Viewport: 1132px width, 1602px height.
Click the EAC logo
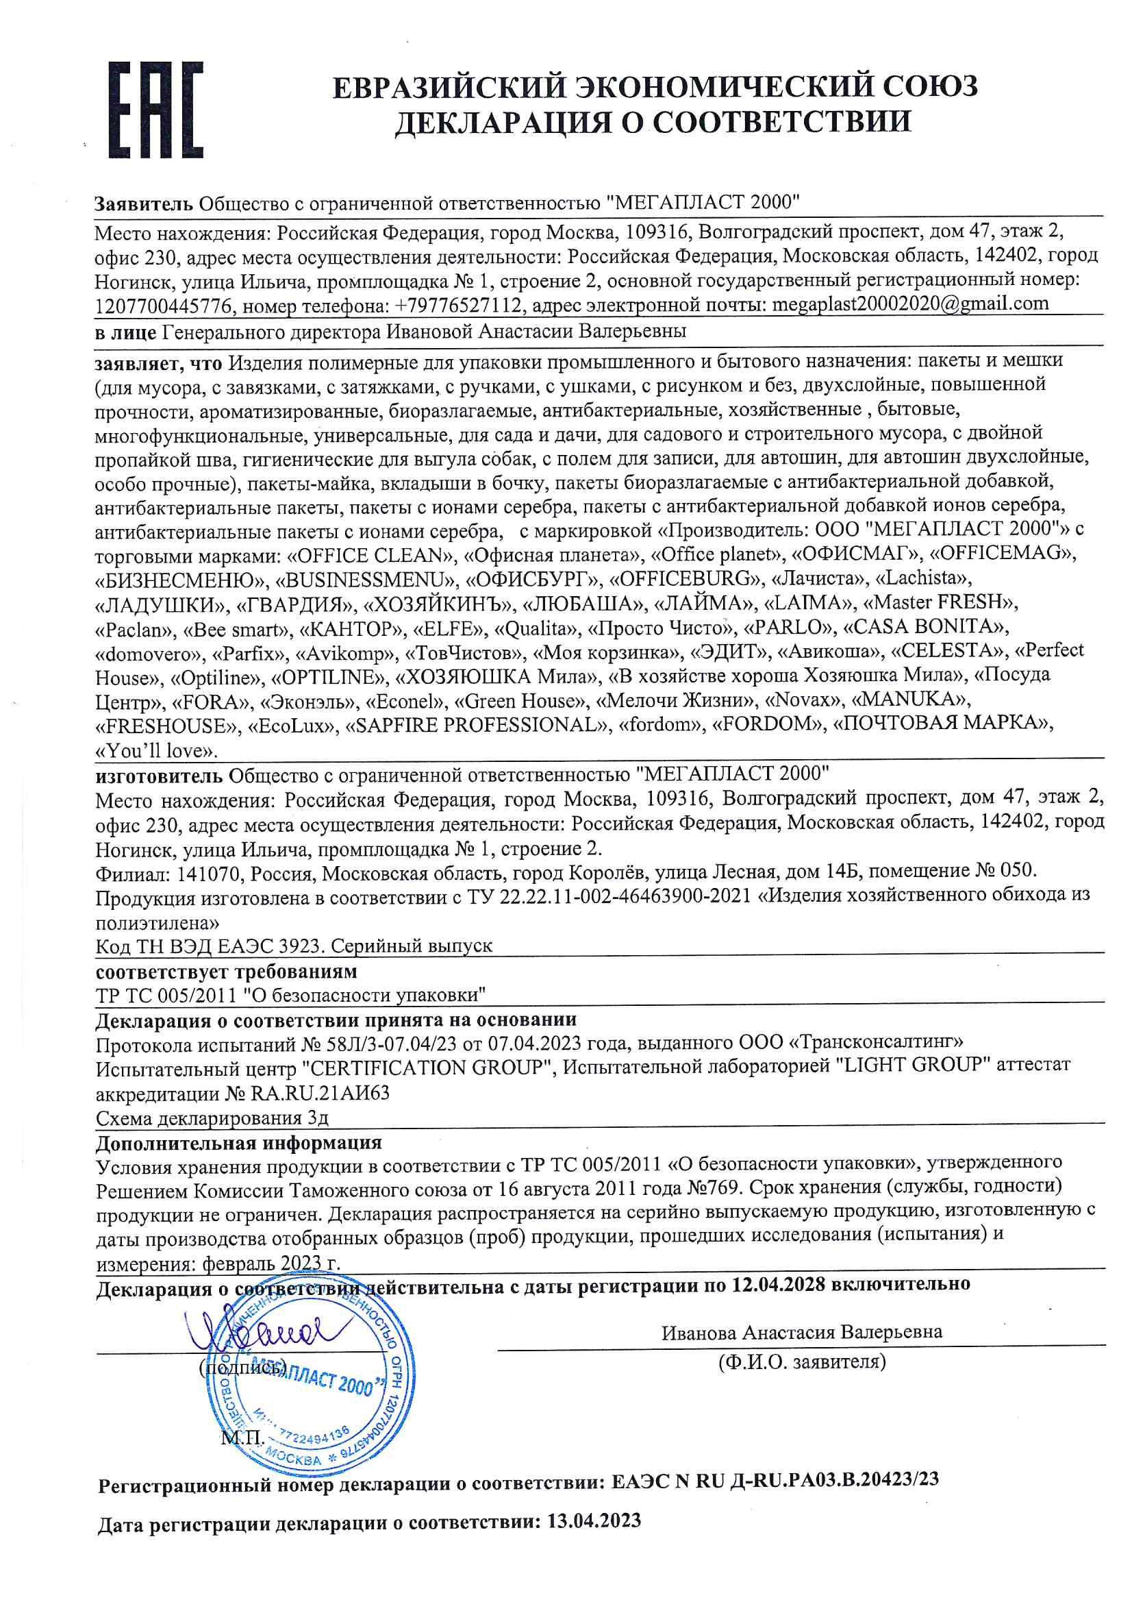click(x=155, y=109)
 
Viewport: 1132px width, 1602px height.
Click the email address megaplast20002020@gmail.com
click(x=910, y=304)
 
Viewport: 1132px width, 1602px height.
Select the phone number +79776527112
click(x=457, y=305)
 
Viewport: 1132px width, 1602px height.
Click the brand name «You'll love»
click(x=156, y=750)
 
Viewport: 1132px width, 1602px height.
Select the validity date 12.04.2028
click(x=778, y=1284)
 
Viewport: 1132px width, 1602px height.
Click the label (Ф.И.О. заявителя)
click(x=801, y=1361)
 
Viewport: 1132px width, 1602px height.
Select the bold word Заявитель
click(x=144, y=204)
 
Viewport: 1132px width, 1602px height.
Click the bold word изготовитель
click(x=159, y=775)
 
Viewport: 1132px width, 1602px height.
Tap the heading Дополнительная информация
click(x=238, y=1142)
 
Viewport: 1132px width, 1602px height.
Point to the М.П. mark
click(x=242, y=1437)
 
